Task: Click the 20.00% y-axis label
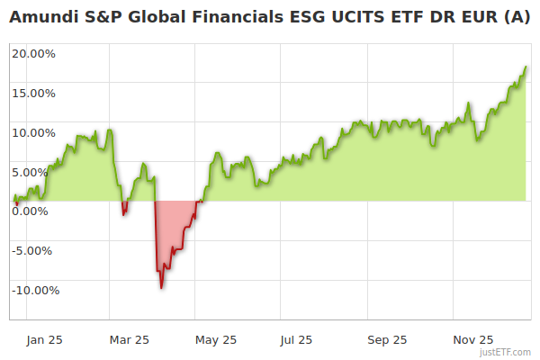point(34,53)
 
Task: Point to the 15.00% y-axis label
point(34,93)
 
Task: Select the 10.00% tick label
point(34,132)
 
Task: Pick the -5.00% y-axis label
point(35,250)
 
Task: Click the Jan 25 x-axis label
point(43,339)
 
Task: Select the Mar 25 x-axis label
point(129,339)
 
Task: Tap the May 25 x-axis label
point(216,339)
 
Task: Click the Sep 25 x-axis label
point(386,339)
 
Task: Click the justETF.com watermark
point(506,352)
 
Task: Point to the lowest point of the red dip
point(162,288)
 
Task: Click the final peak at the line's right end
point(526,67)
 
